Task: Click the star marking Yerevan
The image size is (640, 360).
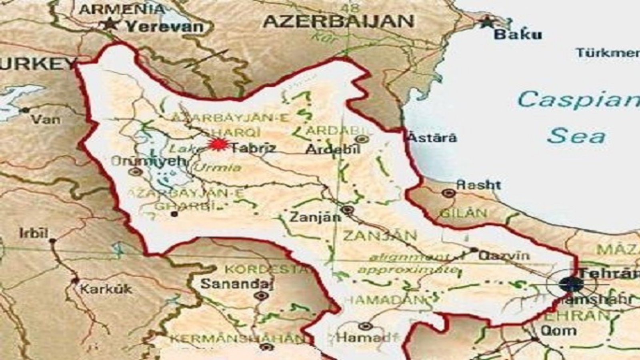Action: (109, 24)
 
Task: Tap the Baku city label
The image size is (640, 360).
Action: (518, 34)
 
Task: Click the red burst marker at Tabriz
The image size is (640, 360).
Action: (218, 144)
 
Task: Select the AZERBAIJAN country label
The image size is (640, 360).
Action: (338, 22)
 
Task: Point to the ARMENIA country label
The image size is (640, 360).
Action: (121, 9)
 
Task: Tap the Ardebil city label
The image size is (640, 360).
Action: (333, 149)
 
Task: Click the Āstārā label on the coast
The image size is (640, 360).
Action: (432, 138)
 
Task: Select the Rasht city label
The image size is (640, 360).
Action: (478, 185)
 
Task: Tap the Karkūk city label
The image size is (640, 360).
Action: (106, 288)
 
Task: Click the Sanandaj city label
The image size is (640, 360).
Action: (237, 284)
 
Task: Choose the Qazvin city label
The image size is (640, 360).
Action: (504, 255)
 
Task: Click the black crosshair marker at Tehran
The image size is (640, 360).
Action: (571, 284)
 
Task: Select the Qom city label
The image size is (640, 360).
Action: (558, 331)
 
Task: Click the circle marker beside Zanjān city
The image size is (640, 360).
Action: (347, 210)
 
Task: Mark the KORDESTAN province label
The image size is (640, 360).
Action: (266, 269)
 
